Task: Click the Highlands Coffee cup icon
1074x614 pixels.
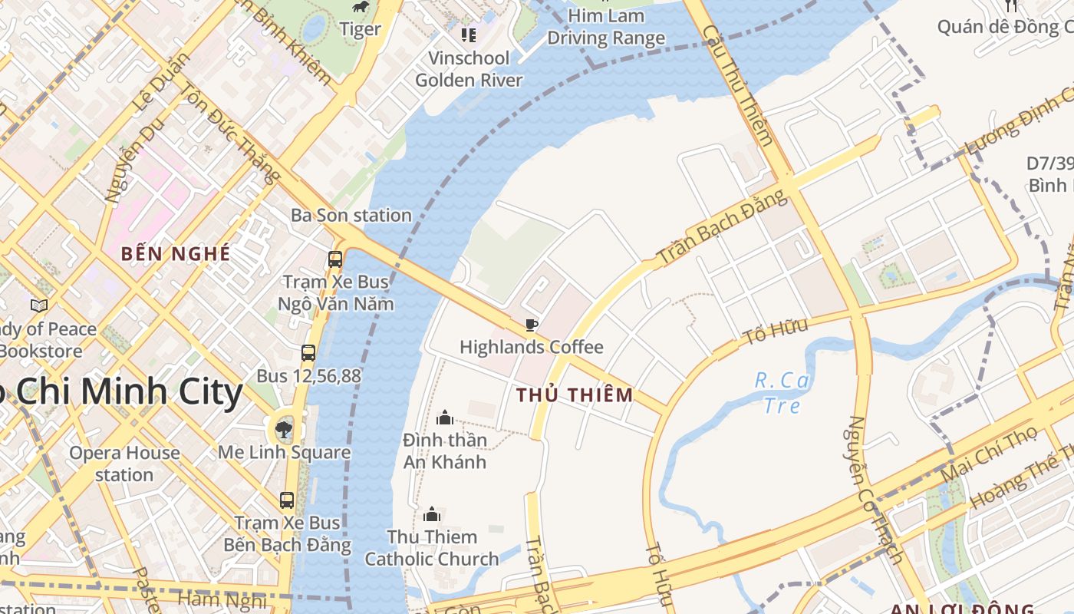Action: pyautogui.click(x=531, y=325)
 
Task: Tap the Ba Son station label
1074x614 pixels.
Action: pyautogui.click(x=351, y=216)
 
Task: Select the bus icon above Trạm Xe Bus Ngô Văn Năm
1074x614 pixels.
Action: pyautogui.click(x=335, y=259)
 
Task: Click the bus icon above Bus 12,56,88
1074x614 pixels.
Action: pyautogui.click(x=308, y=353)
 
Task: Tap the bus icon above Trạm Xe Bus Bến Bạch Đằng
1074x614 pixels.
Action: pyautogui.click(x=287, y=500)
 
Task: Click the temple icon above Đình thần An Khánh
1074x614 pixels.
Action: pyautogui.click(x=445, y=418)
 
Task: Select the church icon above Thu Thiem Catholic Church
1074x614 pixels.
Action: pyautogui.click(x=432, y=514)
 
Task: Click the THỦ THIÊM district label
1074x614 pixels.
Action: pyautogui.click(x=575, y=395)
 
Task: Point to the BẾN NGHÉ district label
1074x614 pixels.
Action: pyautogui.click(x=176, y=253)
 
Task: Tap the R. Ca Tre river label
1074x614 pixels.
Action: pyautogui.click(x=782, y=392)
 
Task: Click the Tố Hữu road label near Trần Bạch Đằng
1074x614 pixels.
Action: pyautogui.click(x=776, y=332)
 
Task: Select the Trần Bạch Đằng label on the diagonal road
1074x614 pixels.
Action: pyautogui.click(x=722, y=228)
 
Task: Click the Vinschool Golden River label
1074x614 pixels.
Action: pyautogui.click(x=469, y=69)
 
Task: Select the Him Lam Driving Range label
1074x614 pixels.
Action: pyautogui.click(x=606, y=27)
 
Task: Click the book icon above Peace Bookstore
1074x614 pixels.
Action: pyautogui.click(x=39, y=305)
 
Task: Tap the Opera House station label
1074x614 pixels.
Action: pyautogui.click(x=124, y=464)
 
